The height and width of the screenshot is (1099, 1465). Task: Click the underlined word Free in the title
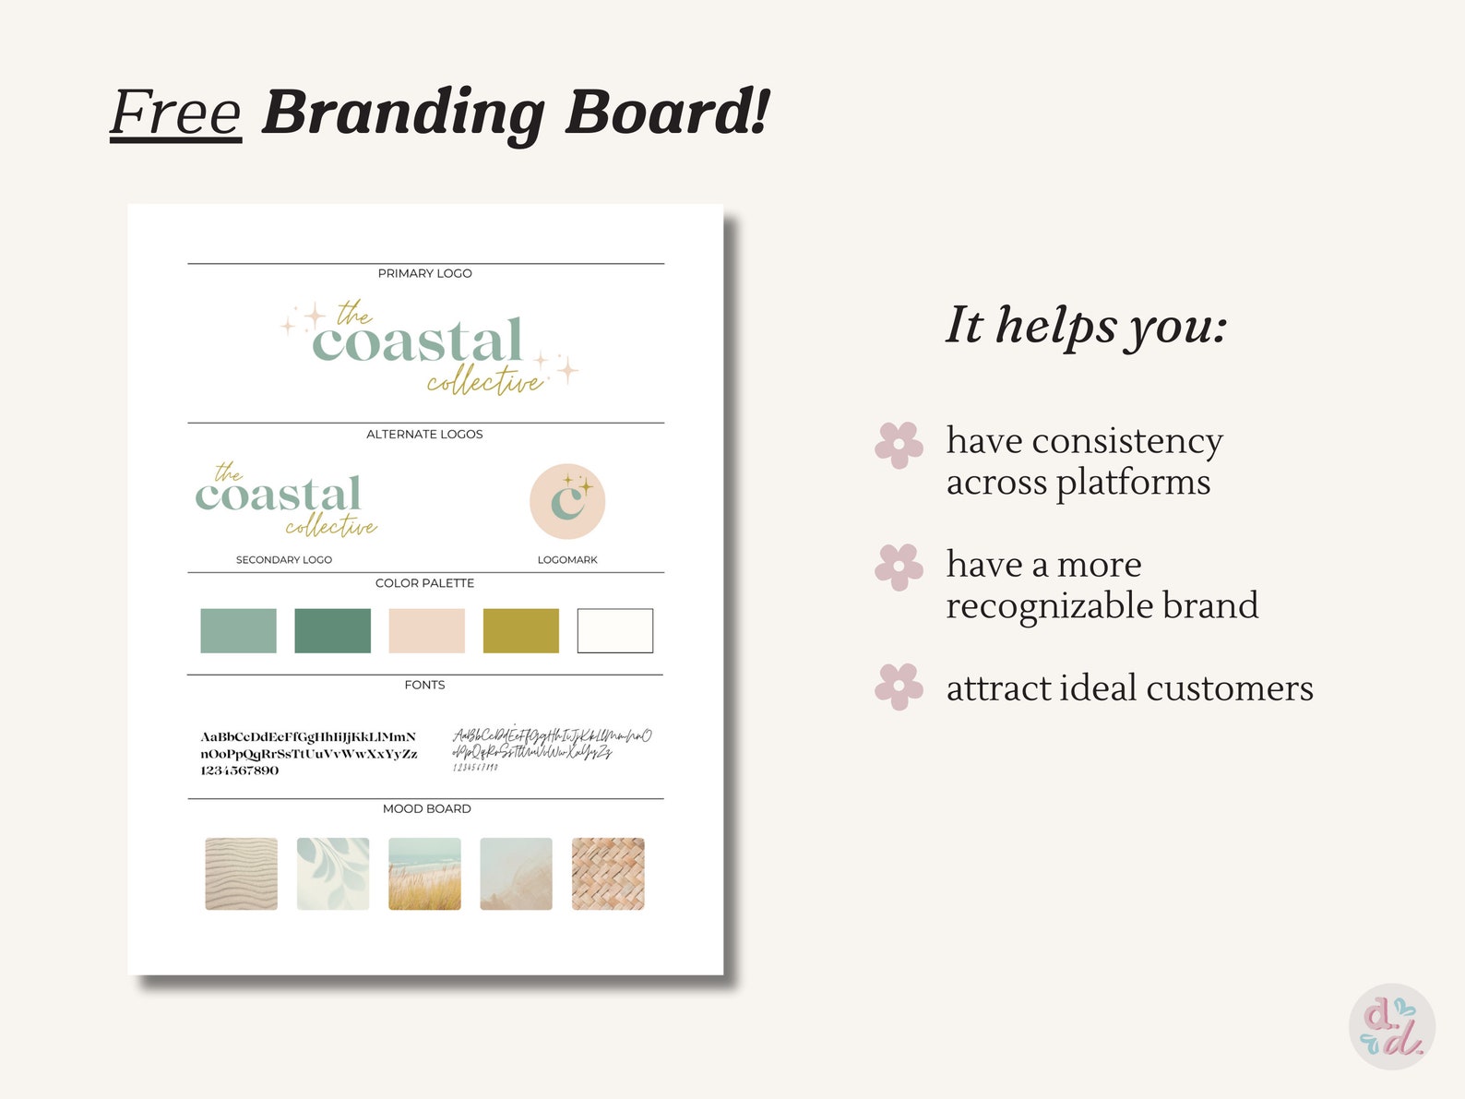coord(175,113)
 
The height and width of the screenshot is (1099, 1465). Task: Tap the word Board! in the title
coord(666,113)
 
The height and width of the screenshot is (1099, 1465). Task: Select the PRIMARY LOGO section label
coord(424,273)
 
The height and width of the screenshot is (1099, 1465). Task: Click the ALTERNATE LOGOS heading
coord(424,434)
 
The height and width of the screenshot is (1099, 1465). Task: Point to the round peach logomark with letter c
coord(567,501)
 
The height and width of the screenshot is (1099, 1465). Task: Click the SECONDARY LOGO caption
coord(283,559)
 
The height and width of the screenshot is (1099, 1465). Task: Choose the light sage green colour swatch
coord(238,630)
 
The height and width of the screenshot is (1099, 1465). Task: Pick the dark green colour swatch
coord(332,630)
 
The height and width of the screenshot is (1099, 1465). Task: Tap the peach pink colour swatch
coord(426,630)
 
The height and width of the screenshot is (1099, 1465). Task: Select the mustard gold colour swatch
coord(520,630)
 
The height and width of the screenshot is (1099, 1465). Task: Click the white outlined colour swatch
coord(614,630)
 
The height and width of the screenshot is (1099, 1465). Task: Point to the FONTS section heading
coord(424,685)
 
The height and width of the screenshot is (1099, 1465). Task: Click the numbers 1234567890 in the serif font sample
coord(239,770)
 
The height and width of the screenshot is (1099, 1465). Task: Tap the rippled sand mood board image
coord(241,873)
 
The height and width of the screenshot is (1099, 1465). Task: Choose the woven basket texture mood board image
coord(608,873)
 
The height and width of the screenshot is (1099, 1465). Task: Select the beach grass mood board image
coord(424,873)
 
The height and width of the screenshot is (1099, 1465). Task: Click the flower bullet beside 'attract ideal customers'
coord(899,687)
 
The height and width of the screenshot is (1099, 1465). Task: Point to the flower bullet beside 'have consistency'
coord(899,445)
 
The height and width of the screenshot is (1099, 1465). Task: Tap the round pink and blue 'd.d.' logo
coord(1392,1026)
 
